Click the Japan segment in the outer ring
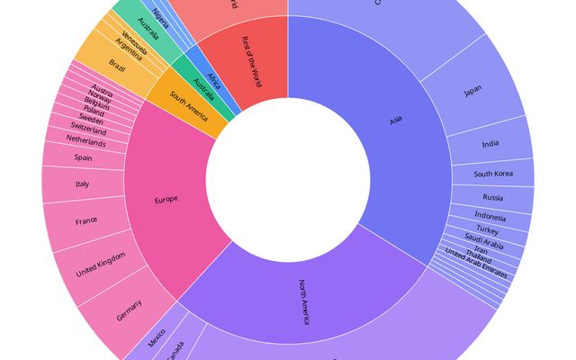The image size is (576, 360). point(472,91)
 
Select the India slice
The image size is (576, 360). point(490,144)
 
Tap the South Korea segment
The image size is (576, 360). point(493,173)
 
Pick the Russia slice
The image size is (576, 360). point(492,197)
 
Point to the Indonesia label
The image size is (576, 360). point(490,216)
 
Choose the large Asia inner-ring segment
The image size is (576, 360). point(396,121)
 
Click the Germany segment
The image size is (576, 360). point(129,315)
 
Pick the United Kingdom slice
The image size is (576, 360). point(99,264)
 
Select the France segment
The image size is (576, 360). point(86,220)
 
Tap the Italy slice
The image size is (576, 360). point(83,184)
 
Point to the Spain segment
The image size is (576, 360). point(84,157)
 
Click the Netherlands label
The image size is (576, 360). point(85,142)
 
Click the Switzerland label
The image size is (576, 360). point(87,131)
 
